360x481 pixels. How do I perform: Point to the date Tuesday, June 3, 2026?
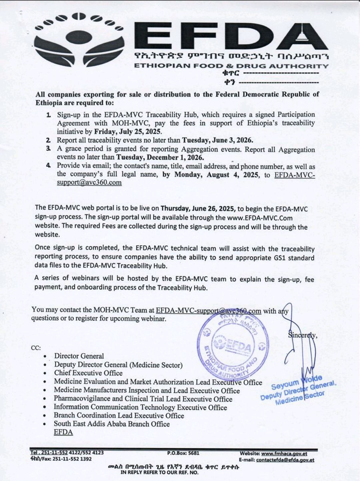(217, 140)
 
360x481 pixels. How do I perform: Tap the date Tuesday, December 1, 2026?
(160, 157)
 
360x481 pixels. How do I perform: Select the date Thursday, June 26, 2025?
(198, 208)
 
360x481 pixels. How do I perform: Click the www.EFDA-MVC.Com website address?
(260, 218)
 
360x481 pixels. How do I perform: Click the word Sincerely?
(302, 336)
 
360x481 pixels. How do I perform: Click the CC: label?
(36, 348)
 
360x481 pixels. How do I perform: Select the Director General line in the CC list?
(79, 356)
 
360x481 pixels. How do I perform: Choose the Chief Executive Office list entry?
(88, 373)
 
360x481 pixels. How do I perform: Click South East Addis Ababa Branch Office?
(112, 424)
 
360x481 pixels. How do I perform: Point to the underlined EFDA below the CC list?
(63, 432)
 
